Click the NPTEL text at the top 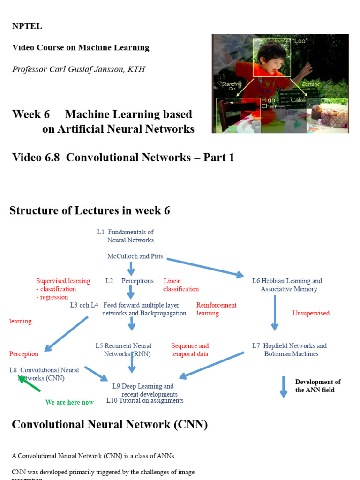pos(27,26)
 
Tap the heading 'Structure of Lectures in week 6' pos(90,210)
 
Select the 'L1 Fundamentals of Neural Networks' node pos(126,236)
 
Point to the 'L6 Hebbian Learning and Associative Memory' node pos(287,285)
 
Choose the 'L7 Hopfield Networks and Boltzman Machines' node pos(290,350)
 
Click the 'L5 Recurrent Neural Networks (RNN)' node pos(124,350)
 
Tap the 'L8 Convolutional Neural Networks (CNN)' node pos(44,374)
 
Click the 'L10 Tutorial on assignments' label pos(145,400)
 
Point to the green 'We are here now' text pos(69,402)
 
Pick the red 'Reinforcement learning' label pos(216,309)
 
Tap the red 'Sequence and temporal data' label pos(190,350)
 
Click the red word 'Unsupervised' pos(311,313)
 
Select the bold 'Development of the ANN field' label pos(318,386)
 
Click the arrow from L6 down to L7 pos(275,313)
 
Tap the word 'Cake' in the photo pos(298,100)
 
